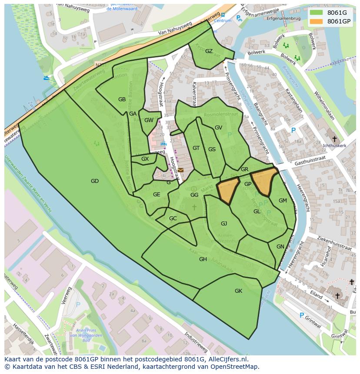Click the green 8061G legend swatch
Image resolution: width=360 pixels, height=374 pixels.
(317, 12)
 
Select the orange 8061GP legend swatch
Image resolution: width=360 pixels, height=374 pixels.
(317, 21)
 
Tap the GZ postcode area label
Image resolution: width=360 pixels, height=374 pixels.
(209, 51)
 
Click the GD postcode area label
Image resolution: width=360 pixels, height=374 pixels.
(95, 181)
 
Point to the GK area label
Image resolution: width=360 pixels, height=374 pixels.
(238, 291)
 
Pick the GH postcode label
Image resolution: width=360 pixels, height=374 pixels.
(203, 259)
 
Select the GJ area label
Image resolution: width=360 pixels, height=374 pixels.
(224, 224)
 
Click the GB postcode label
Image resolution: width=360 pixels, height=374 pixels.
(122, 99)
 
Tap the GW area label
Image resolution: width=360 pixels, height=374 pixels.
(149, 120)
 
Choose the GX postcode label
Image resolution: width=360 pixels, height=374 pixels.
(145, 159)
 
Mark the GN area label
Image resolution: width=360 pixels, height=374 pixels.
(280, 247)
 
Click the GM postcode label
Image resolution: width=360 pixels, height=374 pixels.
(283, 201)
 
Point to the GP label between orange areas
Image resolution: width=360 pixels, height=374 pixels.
(248, 184)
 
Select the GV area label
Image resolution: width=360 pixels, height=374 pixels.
(218, 128)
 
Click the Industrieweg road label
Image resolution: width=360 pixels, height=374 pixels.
(195, 342)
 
